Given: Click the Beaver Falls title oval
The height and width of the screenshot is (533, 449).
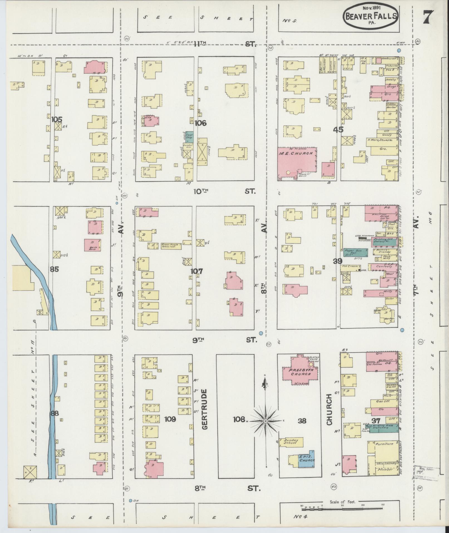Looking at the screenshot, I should tap(371, 16).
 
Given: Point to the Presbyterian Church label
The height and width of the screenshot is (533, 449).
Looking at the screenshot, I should tap(300, 372).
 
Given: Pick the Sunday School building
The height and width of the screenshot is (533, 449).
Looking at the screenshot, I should tap(291, 442).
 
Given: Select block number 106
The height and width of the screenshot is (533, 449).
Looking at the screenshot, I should tap(200, 123).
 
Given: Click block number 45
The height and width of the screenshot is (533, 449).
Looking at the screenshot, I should tap(338, 130).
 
